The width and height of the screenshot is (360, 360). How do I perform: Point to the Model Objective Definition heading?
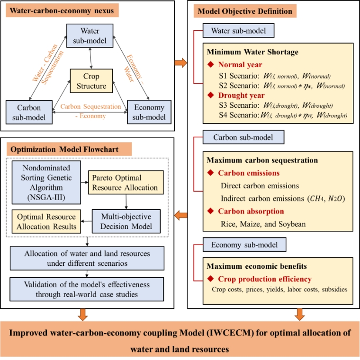(248, 11)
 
